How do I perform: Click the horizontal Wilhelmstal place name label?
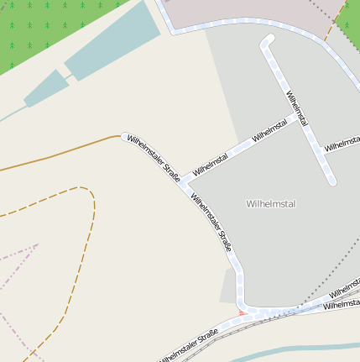coord(271,204)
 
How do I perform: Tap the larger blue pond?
coord(112,42)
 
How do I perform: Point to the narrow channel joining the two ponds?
coord(66,74)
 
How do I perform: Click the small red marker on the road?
coord(243,312)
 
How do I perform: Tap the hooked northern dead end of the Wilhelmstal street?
coord(269,39)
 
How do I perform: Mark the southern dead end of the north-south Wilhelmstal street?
coord(332,180)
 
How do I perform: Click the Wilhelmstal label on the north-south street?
coord(297,109)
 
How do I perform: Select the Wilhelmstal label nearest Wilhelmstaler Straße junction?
coord(211,164)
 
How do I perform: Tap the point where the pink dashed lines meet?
coord(37,244)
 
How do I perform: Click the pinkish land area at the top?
coord(243,10)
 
